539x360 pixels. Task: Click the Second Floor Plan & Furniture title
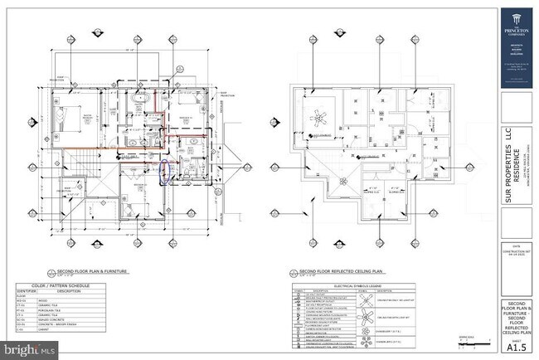tap(80, 270)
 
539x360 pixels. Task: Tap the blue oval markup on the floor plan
tap(164, 172)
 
